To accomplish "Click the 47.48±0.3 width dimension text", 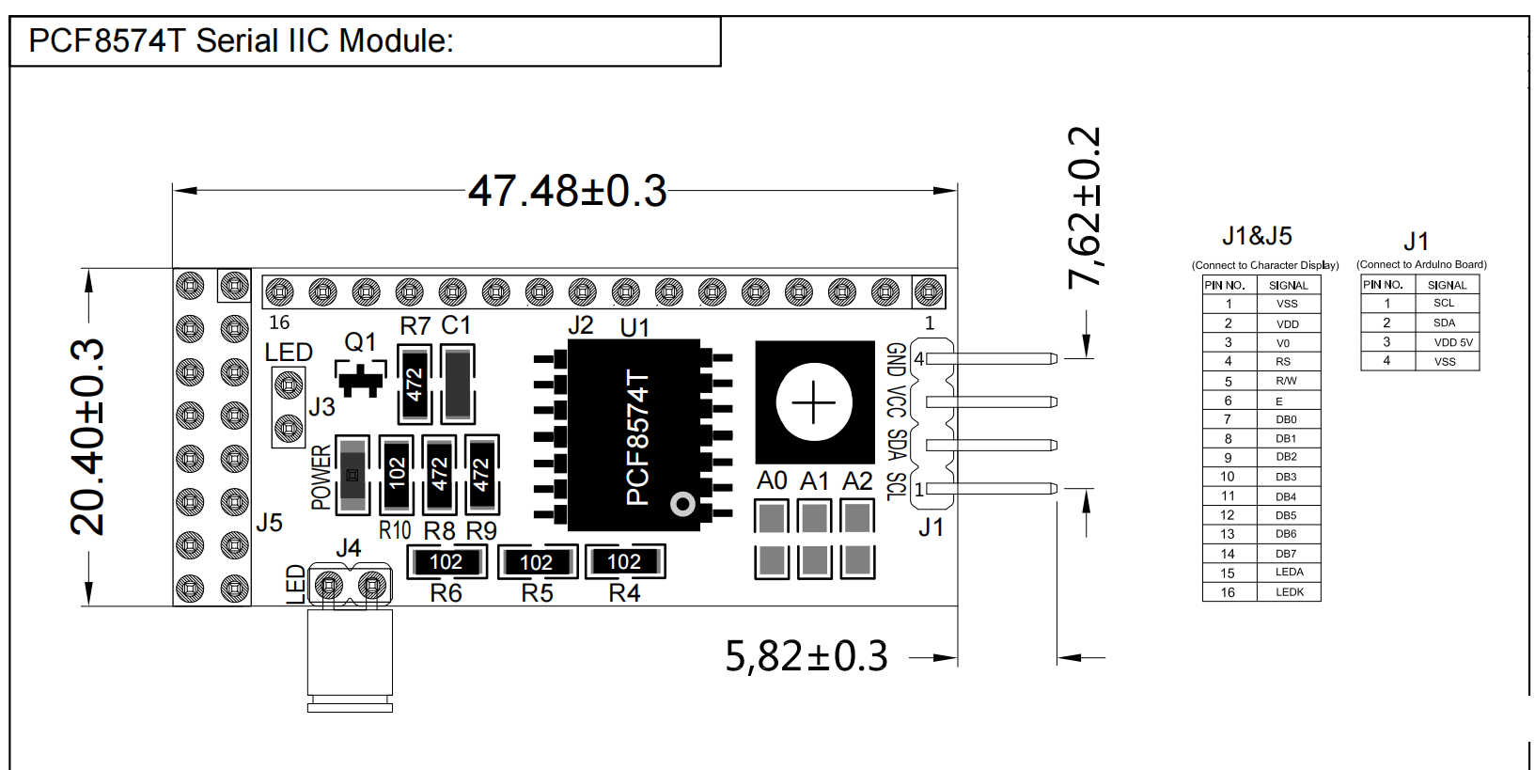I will pos(567,191).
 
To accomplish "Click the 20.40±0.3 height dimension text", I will pos(88,437).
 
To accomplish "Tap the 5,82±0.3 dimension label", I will pos(806,656).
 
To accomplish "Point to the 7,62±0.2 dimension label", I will pos(1084,207).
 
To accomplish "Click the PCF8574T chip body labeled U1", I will pos(634,435).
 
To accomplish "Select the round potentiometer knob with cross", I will pos(814,402).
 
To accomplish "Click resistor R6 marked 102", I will pos(446,562).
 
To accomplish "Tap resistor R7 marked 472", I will pos(415,384).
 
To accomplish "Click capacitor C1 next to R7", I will pos(458,384).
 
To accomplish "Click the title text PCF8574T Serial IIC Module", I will pos(242,41).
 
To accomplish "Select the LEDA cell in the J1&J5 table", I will pos(1289,573).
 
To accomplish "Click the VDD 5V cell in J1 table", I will pos(1452,342).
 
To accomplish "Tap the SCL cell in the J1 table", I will pos(1444,303).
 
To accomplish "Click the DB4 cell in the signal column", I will pos(1286,496).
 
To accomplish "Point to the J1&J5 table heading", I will pos(1257,236).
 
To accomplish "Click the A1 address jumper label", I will pos(814,481).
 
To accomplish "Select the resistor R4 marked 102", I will pos(624,562).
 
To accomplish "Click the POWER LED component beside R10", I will pos(352,475).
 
